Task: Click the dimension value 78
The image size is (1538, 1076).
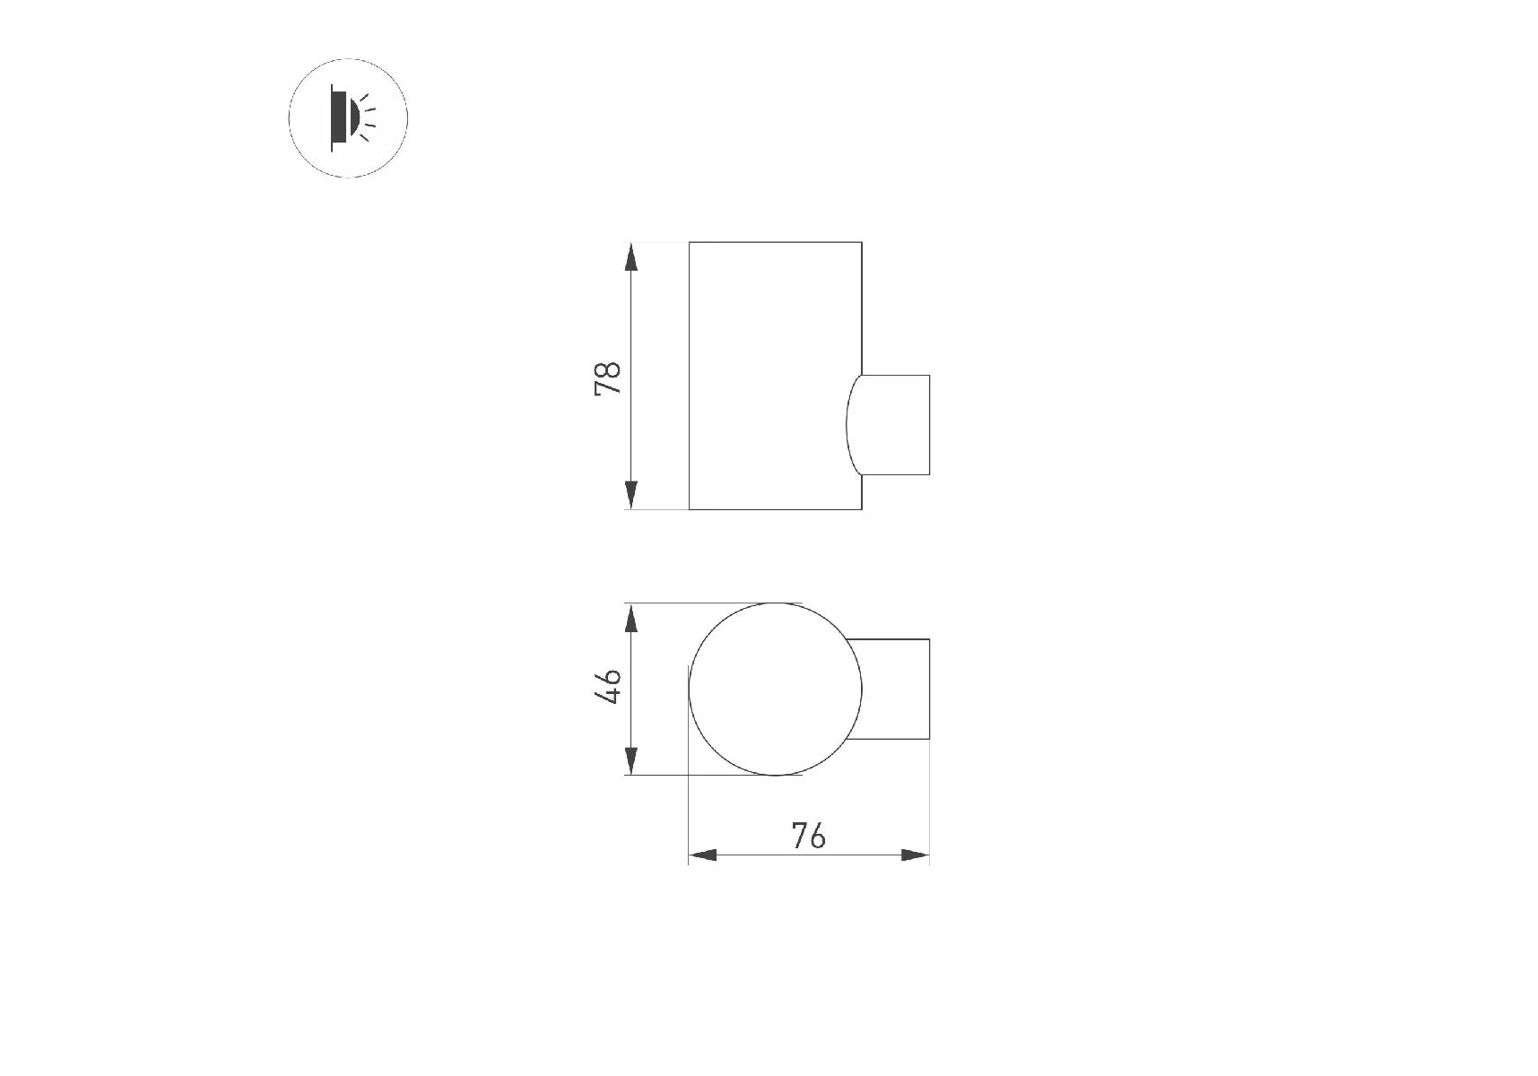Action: point(607,378)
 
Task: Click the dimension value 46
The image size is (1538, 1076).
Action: point(608,686)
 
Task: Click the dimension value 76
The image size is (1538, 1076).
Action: point(808,836)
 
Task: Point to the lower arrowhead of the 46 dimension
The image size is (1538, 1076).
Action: point(631,760)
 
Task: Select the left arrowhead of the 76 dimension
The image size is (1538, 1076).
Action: point(703,855)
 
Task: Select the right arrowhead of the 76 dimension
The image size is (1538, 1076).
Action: point(915,855)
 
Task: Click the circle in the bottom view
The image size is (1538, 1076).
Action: point(689,689)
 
